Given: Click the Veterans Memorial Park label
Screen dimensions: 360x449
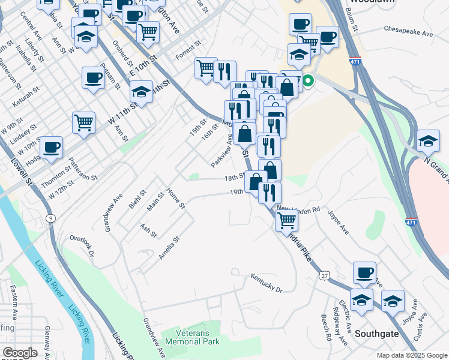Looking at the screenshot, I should point(197,337).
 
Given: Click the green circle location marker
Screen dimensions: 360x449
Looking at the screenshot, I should point(308,80).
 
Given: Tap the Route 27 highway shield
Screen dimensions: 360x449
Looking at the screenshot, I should point(325,274).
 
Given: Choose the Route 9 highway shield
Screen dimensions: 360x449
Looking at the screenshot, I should point(51,218).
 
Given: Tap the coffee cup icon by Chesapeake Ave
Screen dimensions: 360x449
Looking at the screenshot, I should point(327,37).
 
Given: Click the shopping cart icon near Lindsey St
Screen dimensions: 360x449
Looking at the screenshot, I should point(84,122).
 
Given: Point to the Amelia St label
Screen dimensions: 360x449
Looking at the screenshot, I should point(169,247).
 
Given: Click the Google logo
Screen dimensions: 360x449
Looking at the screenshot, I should point(20,353).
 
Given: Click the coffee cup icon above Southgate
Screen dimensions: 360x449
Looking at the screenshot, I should point(364,272).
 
